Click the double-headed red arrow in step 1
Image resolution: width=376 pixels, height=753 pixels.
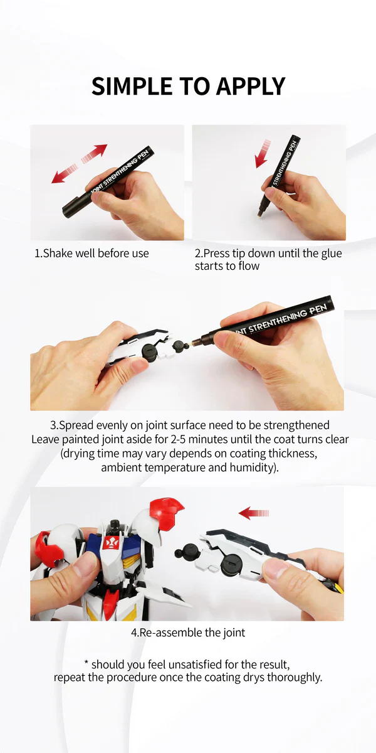(x=79, y=164)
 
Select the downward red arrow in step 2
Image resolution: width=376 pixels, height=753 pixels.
(x=261, y=154)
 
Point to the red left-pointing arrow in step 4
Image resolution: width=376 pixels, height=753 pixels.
(x=253, y=513)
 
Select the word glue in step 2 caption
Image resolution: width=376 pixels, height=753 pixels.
(x=330, y=254)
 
